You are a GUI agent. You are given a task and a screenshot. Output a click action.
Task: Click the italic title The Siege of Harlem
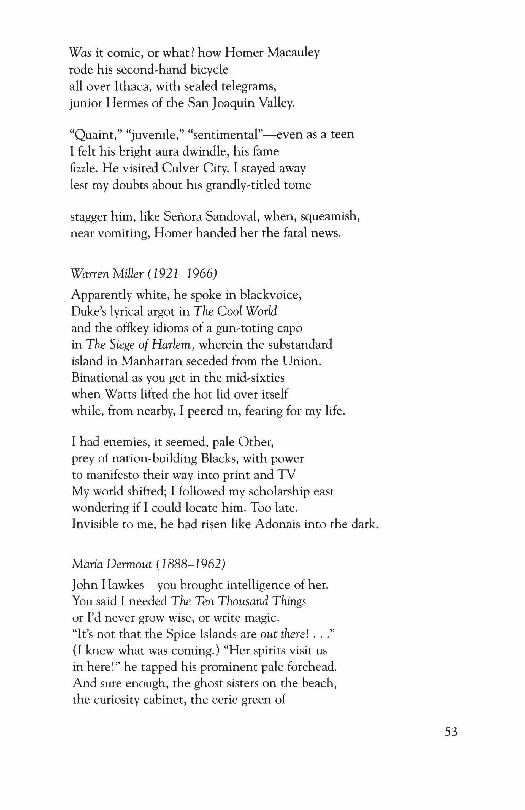(140, 345)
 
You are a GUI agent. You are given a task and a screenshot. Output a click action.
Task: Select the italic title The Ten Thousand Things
(238, 602)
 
